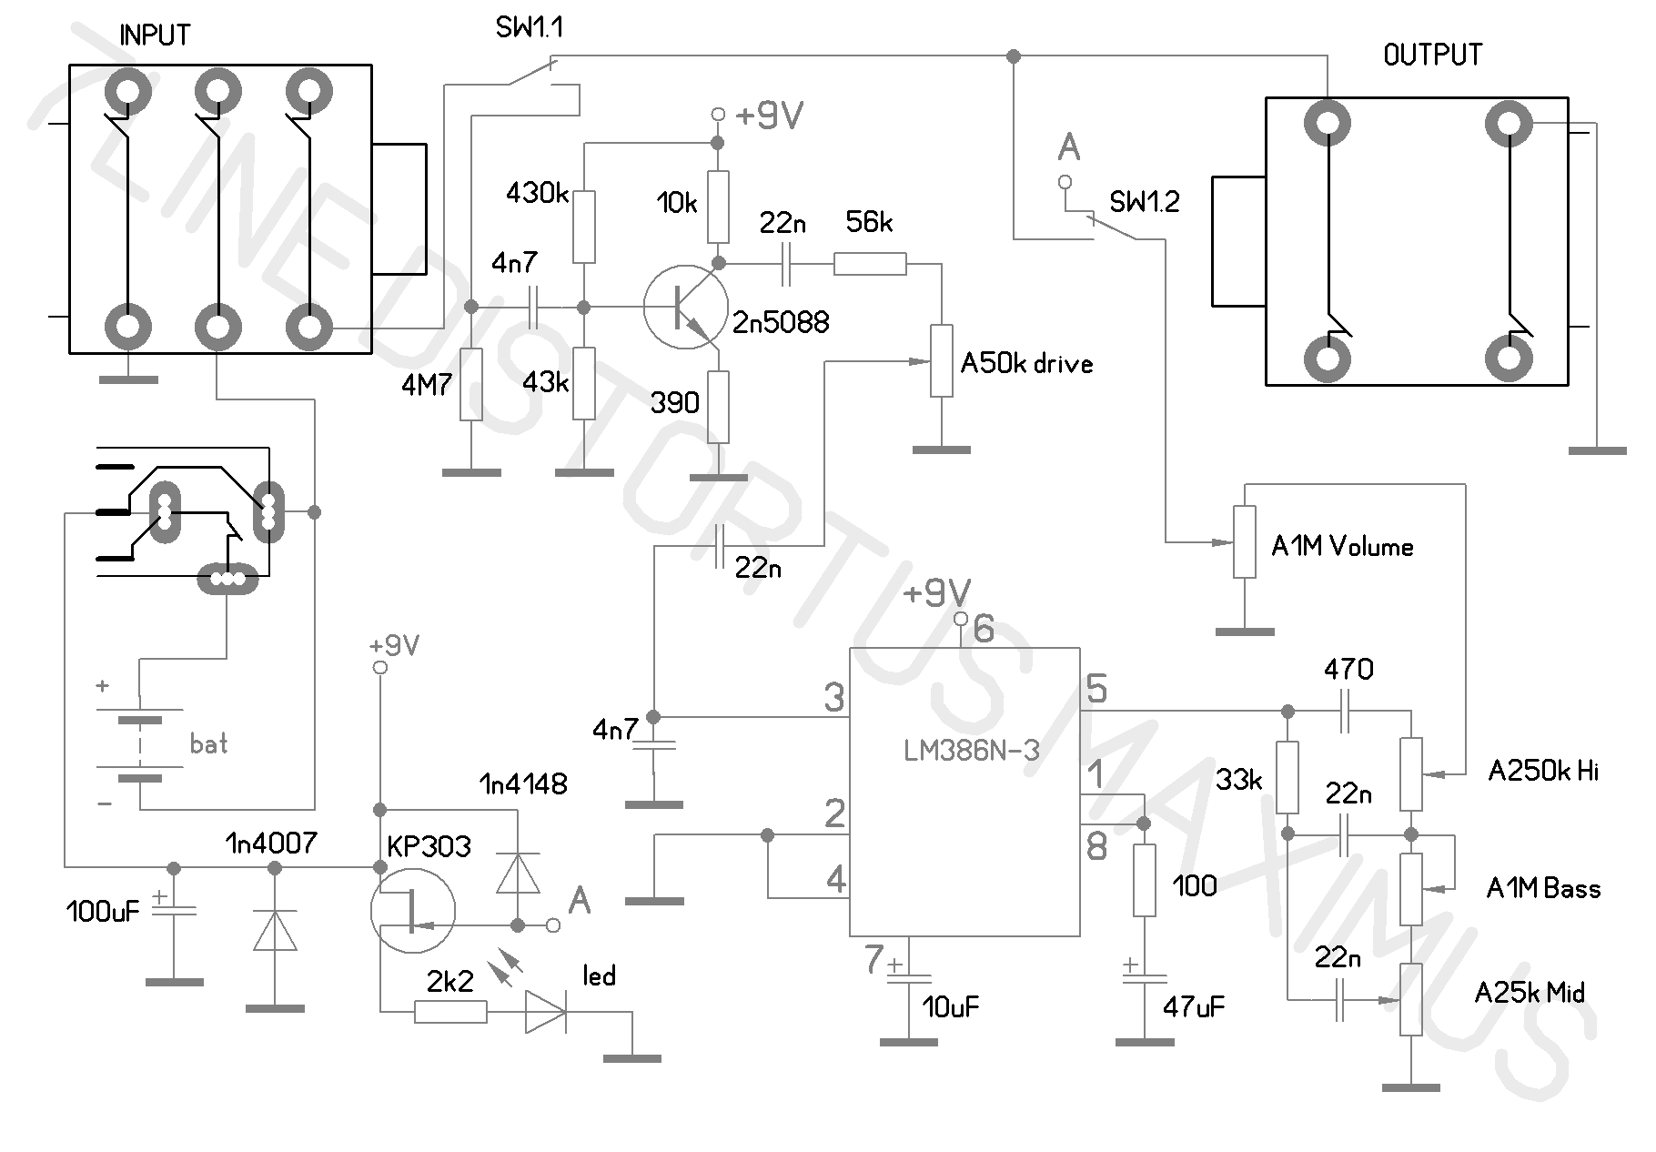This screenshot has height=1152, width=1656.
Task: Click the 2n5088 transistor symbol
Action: pyautogui.click(x=685, y=308)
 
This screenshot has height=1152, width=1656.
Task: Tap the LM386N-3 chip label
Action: pyautogui.click(x=972, y=751)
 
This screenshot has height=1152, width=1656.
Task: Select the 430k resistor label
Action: pyautogui.click(x=537, y=192)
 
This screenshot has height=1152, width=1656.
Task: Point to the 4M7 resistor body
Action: pyautogui.click(x=470, y=384)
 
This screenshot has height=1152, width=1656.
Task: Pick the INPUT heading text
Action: pyautogui.click(x=156, y=35)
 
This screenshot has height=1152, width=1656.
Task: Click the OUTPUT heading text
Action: pyautogui.click(x=1432, y=55)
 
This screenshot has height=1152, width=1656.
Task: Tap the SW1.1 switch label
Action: pyautogui.click(x=530, y=28)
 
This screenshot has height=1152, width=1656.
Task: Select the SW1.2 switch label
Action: pyautogui.click(x=1145, y=202)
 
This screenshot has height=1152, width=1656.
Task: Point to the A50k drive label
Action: pyautogui.click(x=1026, y=364)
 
